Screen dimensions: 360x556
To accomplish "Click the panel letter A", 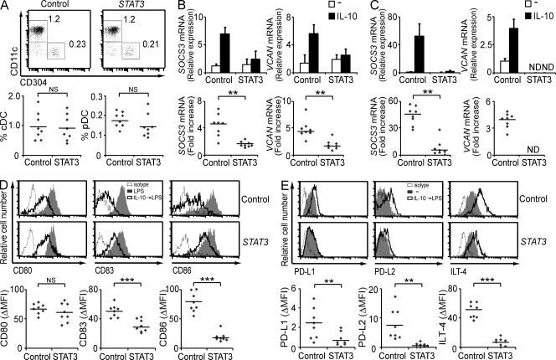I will pyautogui.click(x=6, y=7).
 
